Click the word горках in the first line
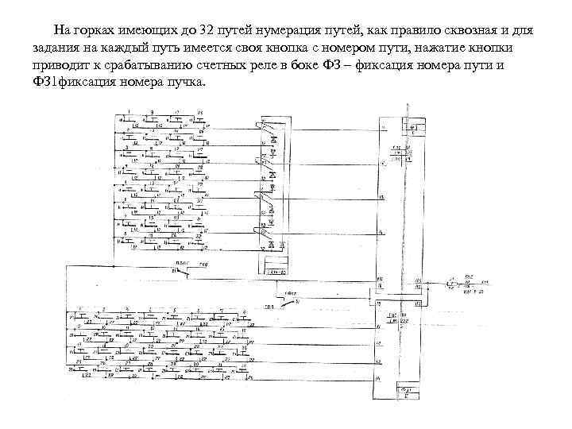pyautogui.click(x=93, y=30)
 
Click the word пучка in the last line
pyautogui.click(x=186, y=84)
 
